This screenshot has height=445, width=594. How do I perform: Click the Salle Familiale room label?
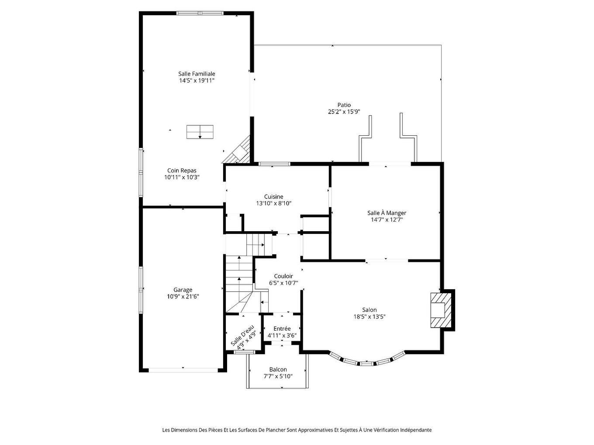tap(197, 73)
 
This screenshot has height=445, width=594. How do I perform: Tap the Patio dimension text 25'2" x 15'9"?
tap(344, 112)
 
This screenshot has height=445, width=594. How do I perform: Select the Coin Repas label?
tap(182, 171)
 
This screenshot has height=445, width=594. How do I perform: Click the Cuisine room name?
tap(273, 197)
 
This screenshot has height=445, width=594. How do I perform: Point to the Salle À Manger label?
tap(387, 213)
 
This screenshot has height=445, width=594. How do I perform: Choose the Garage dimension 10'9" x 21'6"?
tap(183, 297)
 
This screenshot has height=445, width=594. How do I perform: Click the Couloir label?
tap(283, 276)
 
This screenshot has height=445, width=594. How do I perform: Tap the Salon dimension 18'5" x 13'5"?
tap(370, 317)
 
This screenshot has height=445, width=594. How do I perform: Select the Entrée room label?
tap(282, 329)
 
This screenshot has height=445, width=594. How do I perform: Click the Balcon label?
tap(278, 370)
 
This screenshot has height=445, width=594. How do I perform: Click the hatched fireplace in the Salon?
tap(441, 310)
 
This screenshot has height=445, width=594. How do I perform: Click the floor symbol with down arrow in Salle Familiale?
tap(200, 132)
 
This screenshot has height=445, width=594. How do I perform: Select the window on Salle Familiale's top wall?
tap(200, 13)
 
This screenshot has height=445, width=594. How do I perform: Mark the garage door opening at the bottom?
tap(183, 370)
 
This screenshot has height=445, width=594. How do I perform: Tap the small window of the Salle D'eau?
tap(244, 352)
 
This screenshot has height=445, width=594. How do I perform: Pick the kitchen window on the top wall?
tap(274, 164)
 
